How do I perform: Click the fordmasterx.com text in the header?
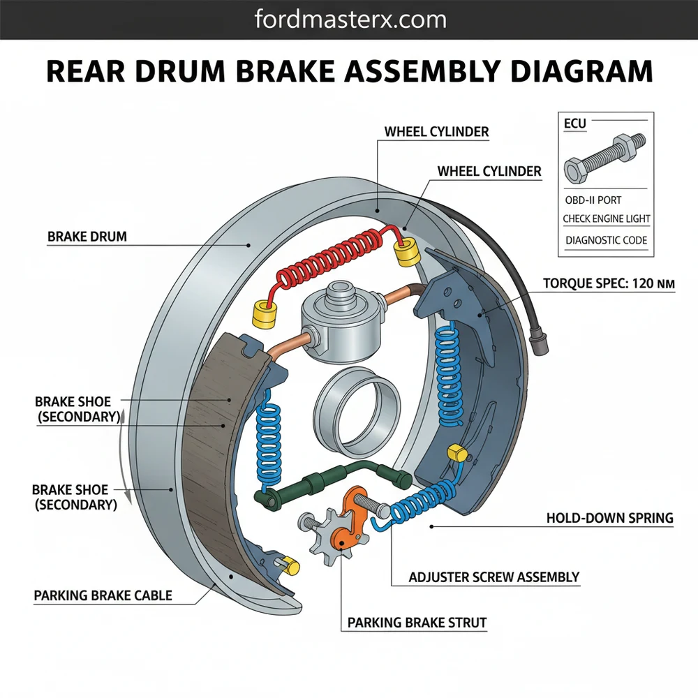[x=348, y=19]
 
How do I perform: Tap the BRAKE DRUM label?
[x=87, y=237]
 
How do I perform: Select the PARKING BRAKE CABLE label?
[x=103, y=596]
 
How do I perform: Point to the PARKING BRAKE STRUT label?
[x=417, y=622]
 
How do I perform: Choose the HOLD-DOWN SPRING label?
[x=609, y=518]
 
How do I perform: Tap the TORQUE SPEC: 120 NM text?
[x=608, y=284]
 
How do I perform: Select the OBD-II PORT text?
[x=593, y=200]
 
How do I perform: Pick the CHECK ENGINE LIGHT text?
[x=606, y=219]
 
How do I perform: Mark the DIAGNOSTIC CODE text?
[x=606, y=240]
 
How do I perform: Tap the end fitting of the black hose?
[x=539, y=345]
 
